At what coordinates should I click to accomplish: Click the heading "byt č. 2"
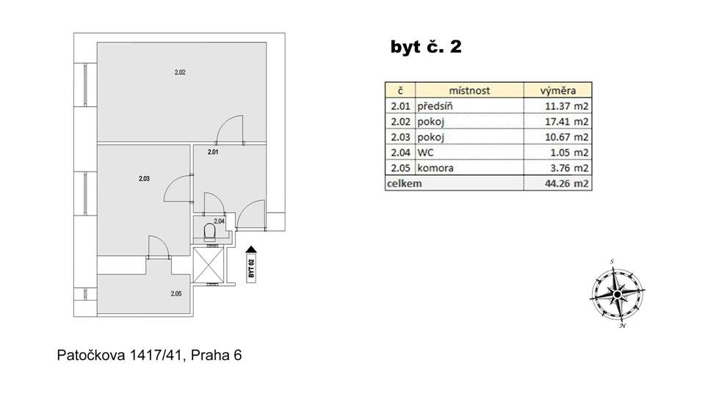click(425, 48)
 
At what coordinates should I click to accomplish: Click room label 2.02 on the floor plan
click(179, 72)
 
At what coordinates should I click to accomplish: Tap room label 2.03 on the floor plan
click(144, 177)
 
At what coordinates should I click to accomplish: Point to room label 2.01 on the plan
click(213, 153)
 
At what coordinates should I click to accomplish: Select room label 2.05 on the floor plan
click(176, 294)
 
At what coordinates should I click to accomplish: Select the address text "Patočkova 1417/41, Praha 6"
click(149, 356)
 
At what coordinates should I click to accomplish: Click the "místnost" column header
click(468, 91)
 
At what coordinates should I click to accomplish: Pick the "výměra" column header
click(557, 91)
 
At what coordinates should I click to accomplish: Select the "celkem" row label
click(405, 184)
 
